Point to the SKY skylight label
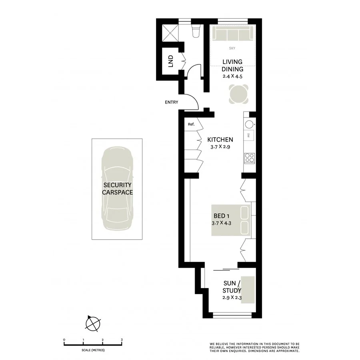232,48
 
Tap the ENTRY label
171,102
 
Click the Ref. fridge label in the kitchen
191,124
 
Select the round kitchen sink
249,124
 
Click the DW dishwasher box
249,135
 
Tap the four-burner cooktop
249,158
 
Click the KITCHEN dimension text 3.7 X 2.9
220,147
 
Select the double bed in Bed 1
231,220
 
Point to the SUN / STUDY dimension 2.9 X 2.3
232,298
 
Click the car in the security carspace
117,188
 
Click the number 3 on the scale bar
122,340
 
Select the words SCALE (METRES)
93,350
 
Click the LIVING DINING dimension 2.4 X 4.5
232,76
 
